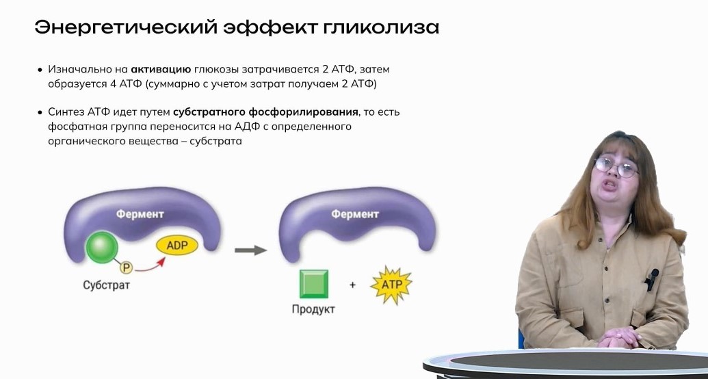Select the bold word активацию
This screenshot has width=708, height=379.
click(x=161, y=70)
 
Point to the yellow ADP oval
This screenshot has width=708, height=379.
click(x=177, y=246)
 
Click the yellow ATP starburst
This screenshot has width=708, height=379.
click(x=391, y=285)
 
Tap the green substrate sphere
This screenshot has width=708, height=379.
click(x=102, y=247)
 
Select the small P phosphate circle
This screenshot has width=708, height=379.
click(x=127, y=268)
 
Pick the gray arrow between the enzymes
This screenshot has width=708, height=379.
click(x=250, y=250)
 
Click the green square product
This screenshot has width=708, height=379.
click(x=314, y=284)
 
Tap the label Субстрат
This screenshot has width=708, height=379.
click(x=106, y=285)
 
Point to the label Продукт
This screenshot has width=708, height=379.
click(x=313, y=309)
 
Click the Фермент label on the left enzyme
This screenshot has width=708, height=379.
click(x=140, y=213)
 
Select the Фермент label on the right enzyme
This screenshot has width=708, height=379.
click(x=355, y=213)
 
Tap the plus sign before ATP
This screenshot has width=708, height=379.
click(x=353, y=285)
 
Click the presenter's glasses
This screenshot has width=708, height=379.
click(x=616, y=167)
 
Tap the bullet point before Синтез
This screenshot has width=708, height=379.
click(x=40, y=112)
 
